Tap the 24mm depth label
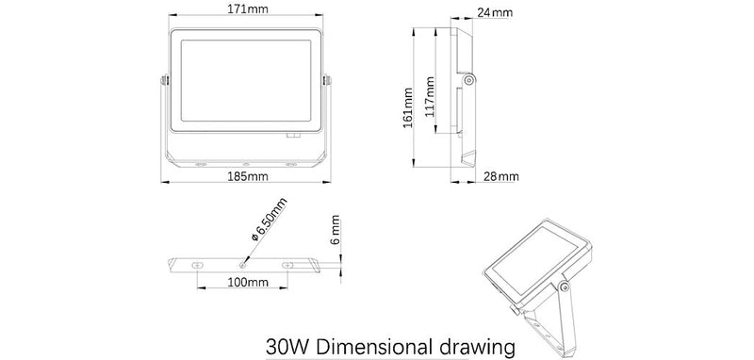tap(494, 13)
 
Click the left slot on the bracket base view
tap(196, 265)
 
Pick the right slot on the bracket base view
tap(288, 265)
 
